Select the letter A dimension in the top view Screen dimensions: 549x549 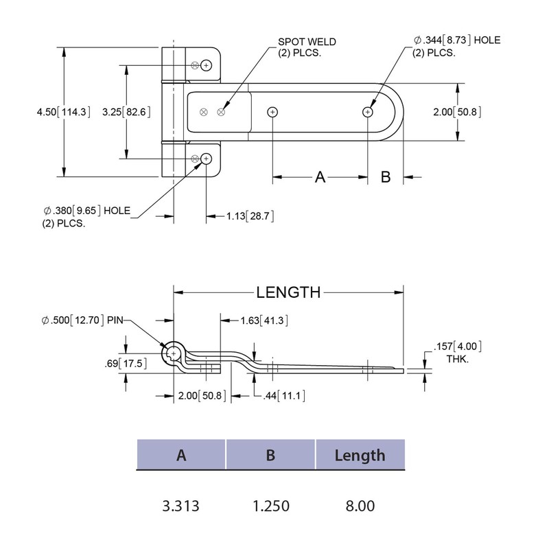[x=320, y=177]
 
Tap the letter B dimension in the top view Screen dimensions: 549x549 [x=385, y=177]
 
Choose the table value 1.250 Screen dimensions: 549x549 [x=270, y=506]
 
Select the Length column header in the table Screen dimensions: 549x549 [x=360, y=455]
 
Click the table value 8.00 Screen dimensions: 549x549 [x=360, y=506]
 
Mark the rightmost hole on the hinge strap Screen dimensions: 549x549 [x=368, y=112]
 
